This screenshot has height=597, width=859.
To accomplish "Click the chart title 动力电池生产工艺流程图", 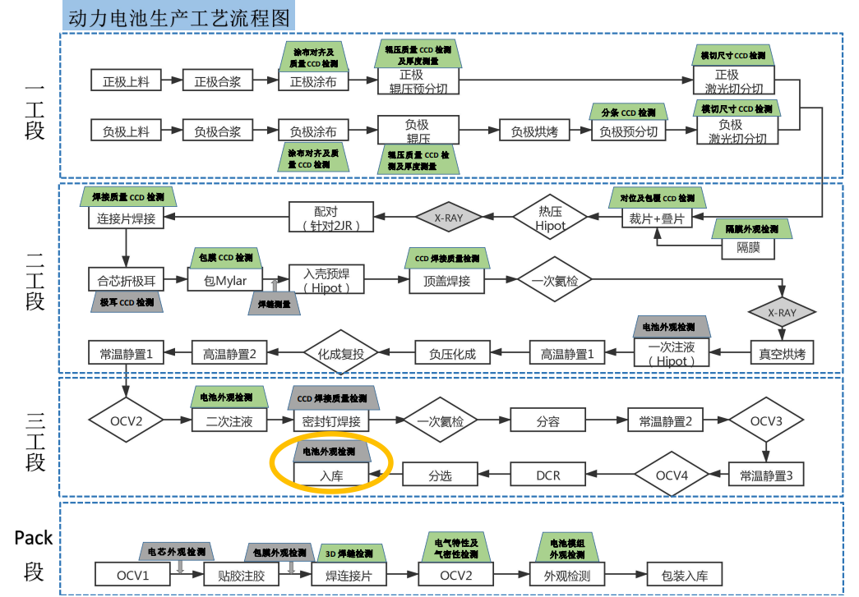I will [178, 16].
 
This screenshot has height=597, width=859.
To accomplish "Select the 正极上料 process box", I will [126, 81].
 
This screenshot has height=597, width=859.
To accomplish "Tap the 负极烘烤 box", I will [534, 131].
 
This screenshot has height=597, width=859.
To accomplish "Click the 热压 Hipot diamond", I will [551, 218].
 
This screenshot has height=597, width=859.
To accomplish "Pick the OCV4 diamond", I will [671, 475].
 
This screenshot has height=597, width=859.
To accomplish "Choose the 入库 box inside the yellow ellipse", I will [332, 475].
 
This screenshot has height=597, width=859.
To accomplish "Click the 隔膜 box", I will [747, 247].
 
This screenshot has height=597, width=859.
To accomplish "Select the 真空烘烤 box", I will [783, 354].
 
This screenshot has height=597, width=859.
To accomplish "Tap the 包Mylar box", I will [225, 281].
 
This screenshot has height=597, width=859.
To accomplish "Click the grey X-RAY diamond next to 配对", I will [448, 218].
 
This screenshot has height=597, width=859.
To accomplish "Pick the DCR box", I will [547, 475].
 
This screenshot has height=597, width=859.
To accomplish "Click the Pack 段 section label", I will [34, 554].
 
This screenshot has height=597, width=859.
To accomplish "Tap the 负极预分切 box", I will [628, 131].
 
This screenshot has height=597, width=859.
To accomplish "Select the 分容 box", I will [547, 421].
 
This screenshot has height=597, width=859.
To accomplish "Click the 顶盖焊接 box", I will [446, 281].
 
